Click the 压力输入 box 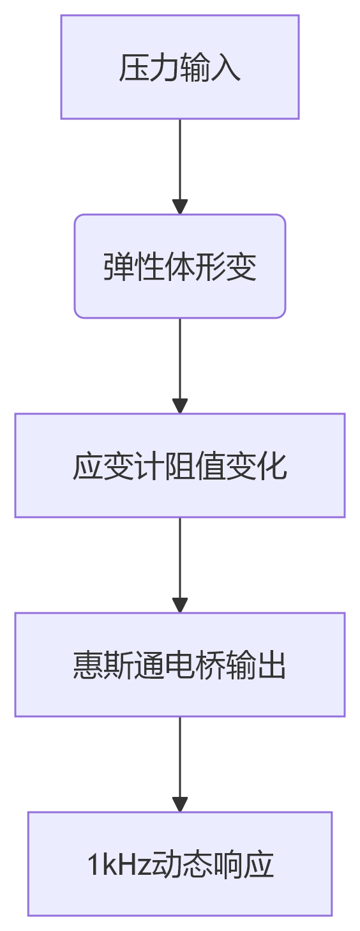coord(179,67)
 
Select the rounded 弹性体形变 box coord(179,266)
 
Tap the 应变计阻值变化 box coord(179,465)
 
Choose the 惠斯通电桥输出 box coord(179,665)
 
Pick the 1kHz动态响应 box coord(179,864)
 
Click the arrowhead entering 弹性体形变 coord(180,207)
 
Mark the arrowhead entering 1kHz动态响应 coord(180,805)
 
